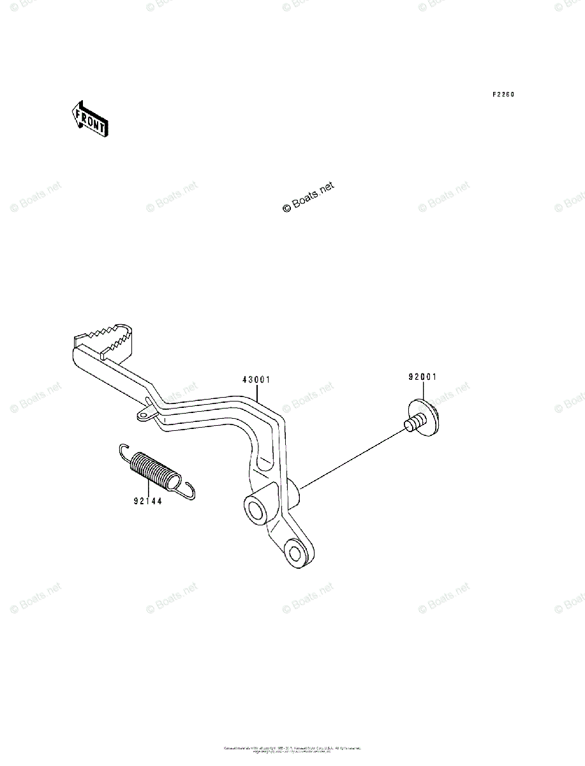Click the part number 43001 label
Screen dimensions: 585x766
(x=256, y=379)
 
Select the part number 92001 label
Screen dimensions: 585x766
(x=422, y=377)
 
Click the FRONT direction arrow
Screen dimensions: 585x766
(x=89, y=119)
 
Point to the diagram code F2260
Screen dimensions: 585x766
(x=503, y=94)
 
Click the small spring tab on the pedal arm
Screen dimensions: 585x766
(x=145, y=416)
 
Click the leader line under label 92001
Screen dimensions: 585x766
(x=422, y=391)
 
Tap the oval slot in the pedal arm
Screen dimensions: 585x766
(x=264, y=464)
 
